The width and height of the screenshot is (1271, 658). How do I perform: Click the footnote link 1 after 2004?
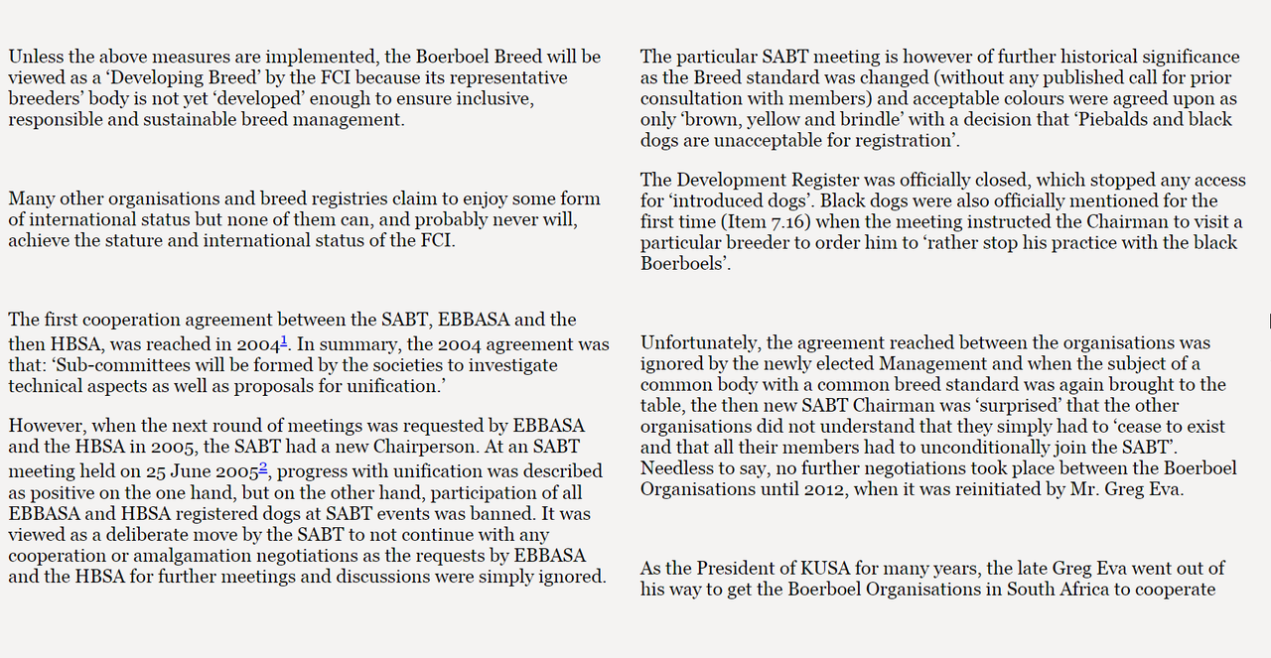click(284, 340)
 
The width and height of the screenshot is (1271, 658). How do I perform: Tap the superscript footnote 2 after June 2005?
click(263, 466)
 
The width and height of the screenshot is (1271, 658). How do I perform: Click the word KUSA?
click(821, 569)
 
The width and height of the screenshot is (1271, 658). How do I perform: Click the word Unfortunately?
click(700, 343)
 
